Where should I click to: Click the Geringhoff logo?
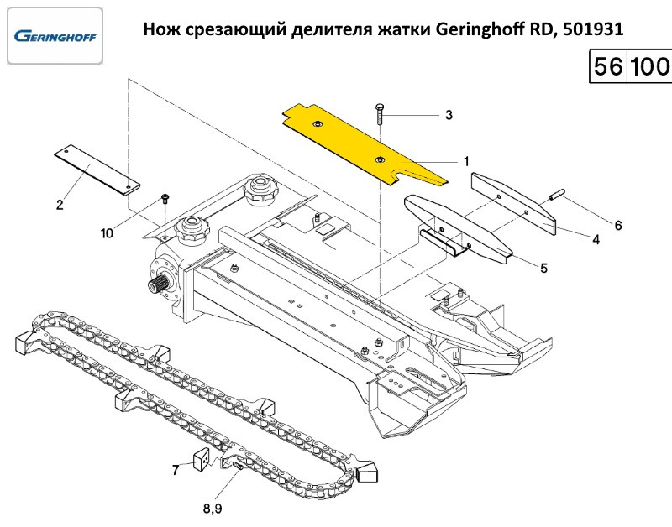pos(55,37)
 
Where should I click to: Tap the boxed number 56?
pos(606,67)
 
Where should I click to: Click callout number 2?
pos(60,204)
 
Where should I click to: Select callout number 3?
pos(449,115)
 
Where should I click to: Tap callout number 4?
pos(596,239)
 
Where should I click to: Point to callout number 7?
pos(176,470)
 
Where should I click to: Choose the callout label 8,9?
pos(213,508)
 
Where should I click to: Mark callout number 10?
pos(107,233)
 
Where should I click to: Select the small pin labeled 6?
pos(554,196)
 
